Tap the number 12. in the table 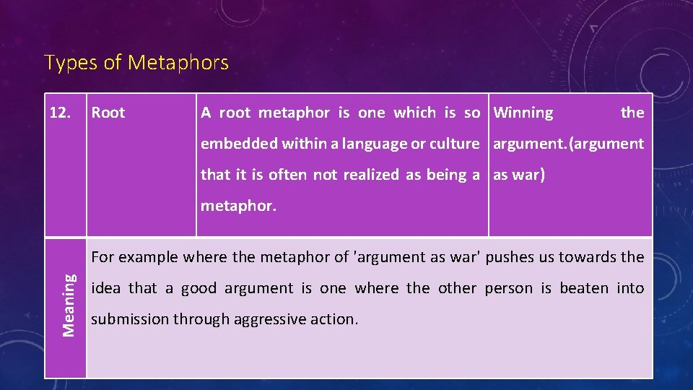pyautogui.click(x=61, y=113)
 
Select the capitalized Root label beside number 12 pyautogui.click(x=108, y=113)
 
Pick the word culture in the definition pyautogui.click(x=454, y=144)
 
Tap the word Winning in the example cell pyautogui.click(x=523, y=113)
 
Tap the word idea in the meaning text pyautogui.click(x=107, y=288)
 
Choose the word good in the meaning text pyautogui.click(x=199, y=288)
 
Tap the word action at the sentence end pyautogui.click(x=336, y=319)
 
